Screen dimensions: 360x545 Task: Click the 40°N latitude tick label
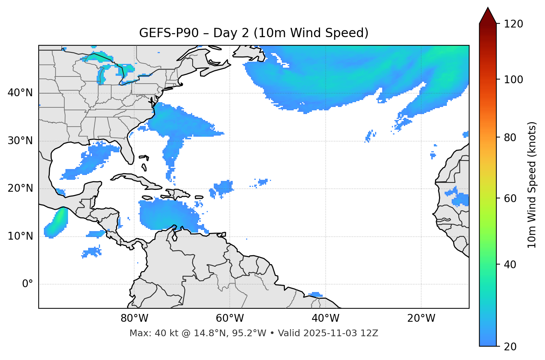point(20,93)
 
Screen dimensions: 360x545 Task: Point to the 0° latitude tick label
point(27,284)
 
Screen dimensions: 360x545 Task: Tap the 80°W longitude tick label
point(134,318)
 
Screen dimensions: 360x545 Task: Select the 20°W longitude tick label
point(421,318)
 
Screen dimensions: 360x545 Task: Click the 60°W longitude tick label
point(230,318)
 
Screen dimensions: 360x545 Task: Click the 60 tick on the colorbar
point(510,198)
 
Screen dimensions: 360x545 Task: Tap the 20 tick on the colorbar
point(510,346)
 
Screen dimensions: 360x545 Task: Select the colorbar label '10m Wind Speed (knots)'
point(532,185)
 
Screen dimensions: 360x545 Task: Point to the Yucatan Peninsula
point(91,189)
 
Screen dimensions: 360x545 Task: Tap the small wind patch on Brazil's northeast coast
point(316,295)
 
